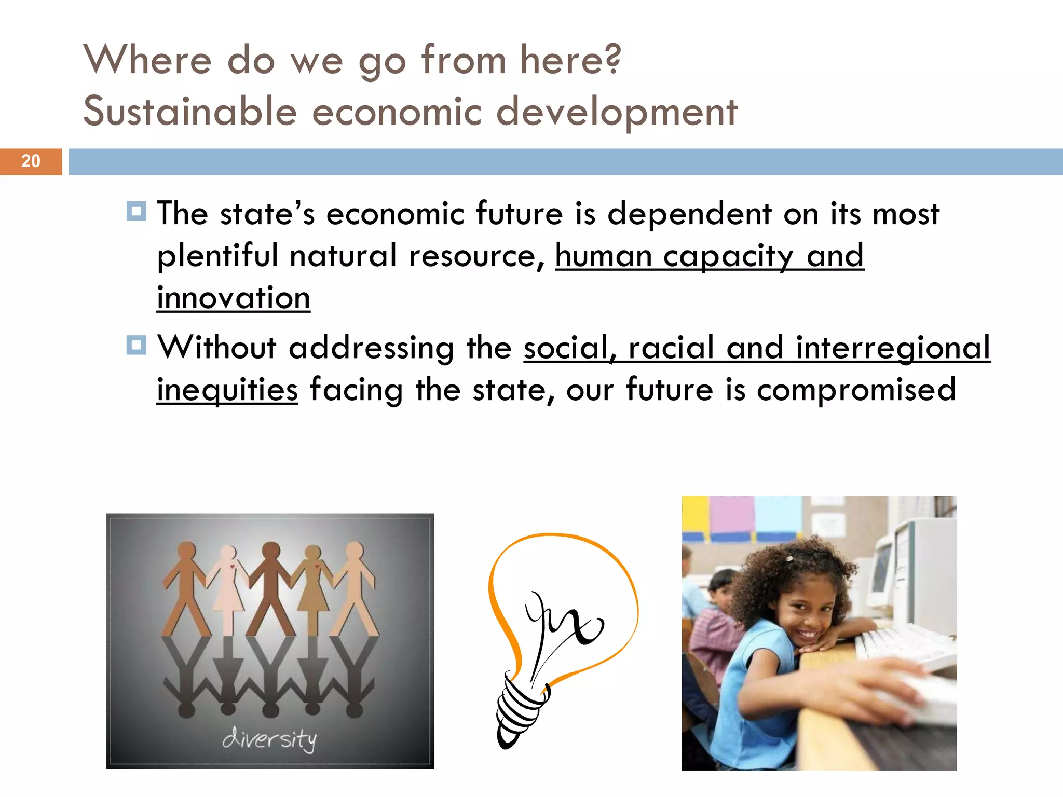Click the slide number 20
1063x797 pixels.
31,161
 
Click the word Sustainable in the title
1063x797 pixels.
190,112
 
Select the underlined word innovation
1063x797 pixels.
234,298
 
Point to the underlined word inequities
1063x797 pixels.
227,390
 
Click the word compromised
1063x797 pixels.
856,390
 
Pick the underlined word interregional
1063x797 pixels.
893,347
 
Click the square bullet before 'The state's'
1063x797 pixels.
136,212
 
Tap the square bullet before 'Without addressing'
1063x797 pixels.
136,345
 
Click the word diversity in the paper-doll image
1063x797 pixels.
270,739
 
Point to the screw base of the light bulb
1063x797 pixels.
519,711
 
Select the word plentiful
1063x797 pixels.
217,256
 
